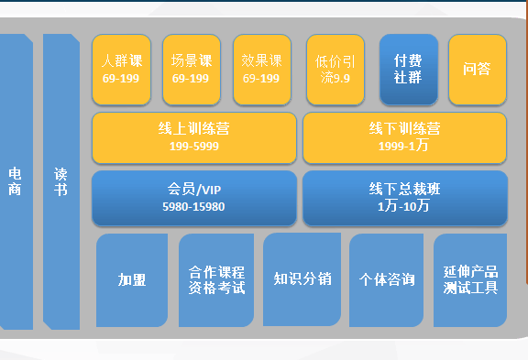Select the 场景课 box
pos(192,69)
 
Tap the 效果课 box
pos(261,69)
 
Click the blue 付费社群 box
pos(407,69)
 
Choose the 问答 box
pos(477,69)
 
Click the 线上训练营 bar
pos(194,136)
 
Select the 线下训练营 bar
pos(404,136)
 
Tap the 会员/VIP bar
pos(194,197)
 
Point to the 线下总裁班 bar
pos(404,197)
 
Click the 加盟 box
pos(132,279)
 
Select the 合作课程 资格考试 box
pos(216,279)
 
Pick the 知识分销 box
pos(302,278)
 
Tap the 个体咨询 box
pos(386,279)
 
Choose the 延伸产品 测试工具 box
pos(470,279)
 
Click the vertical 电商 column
pos(16,181)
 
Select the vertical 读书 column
pos(61,181)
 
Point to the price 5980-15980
pos(193,207)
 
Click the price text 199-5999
pos(193,146)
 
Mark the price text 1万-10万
pos(403,207)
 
